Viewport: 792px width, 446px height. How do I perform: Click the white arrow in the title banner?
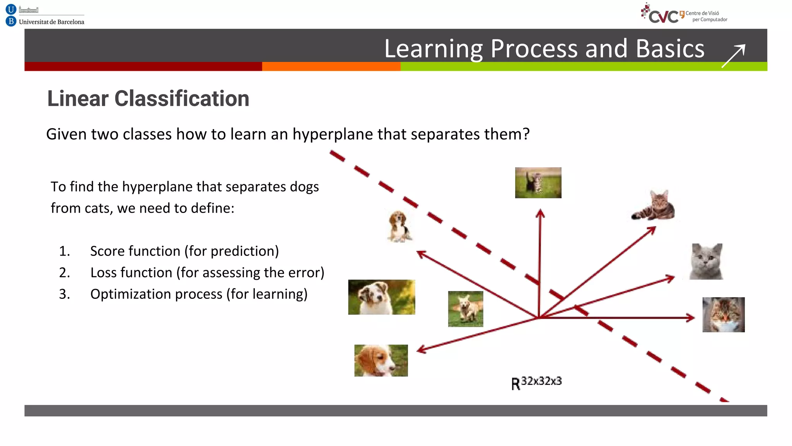734,56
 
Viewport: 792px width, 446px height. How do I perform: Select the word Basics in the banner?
670,49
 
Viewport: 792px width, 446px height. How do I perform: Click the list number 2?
64,273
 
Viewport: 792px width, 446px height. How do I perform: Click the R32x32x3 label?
536,383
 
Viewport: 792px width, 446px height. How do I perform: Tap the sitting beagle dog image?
399,226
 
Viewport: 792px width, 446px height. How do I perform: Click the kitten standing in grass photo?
538,183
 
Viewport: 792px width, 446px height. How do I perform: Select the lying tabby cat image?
654,206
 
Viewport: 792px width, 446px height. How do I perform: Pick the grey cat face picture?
707,261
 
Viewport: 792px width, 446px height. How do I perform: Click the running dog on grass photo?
466,309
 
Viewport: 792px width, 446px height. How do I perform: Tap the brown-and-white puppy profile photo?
381,360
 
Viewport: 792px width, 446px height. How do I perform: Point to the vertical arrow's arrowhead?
540,213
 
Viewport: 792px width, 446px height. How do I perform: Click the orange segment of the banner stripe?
331,67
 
